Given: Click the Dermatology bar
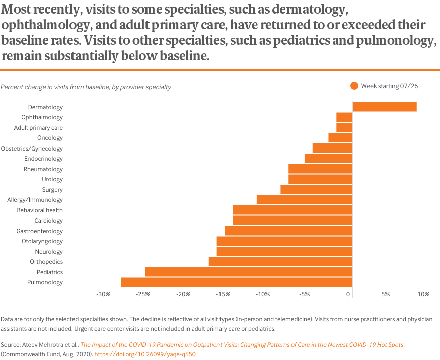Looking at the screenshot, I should tap(385, 107).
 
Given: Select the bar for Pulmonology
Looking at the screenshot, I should tap(237, 282).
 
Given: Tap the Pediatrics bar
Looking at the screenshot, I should tap(249, 272).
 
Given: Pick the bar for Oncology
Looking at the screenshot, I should tap(340, 138).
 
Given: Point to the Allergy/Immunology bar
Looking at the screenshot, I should tap(305, 200).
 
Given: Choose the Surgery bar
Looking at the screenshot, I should tap(317, 190).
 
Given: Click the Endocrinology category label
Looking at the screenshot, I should tap(43, 159).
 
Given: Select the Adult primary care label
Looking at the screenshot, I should tap(38, 128).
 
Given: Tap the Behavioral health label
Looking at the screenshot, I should tap(40, 210).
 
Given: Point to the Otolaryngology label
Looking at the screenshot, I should tap(42, 241).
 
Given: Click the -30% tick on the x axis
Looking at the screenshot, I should tap(103, 294).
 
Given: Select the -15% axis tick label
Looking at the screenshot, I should tap(223, 294).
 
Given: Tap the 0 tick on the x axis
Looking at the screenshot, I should tap(348, 294).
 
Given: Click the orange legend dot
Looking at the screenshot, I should tap(354, 86).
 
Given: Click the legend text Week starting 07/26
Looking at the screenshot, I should tap(390, 86).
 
